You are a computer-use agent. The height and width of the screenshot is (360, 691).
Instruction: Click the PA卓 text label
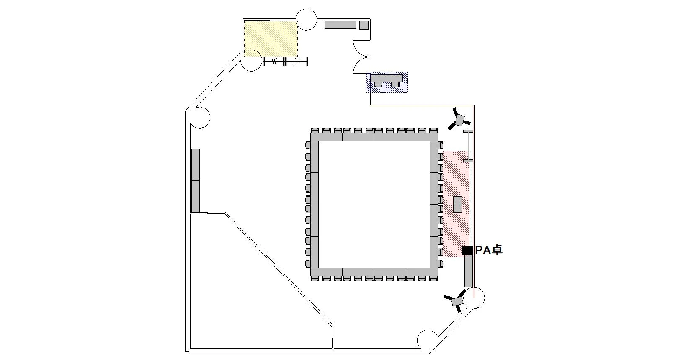[x=489, y=250]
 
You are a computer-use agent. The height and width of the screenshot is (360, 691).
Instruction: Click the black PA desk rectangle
[x=467, y=250]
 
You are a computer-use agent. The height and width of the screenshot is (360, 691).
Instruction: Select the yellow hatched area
[x=271, y=39]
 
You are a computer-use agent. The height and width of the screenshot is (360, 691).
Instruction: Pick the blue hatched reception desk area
[x=387, y=82]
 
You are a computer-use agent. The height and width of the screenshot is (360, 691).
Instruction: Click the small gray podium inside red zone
[x=458, y=204]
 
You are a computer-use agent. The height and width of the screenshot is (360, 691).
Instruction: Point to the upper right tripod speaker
[x=459, y=120]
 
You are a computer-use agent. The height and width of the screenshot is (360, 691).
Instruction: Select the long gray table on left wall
[x=196, y=180]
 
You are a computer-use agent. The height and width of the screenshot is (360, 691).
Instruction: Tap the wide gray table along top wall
[x=340, y=25]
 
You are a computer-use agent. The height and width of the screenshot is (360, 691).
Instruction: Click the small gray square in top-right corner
[x=364, y=25]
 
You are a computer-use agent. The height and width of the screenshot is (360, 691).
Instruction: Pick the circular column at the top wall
[x=306, y=19]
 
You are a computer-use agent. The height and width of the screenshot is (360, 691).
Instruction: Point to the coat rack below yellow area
[x=285, y=62]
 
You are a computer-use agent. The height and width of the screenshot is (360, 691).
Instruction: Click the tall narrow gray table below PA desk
[x=469, y=271]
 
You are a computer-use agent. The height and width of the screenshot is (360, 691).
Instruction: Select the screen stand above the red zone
[x=468, y=146]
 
